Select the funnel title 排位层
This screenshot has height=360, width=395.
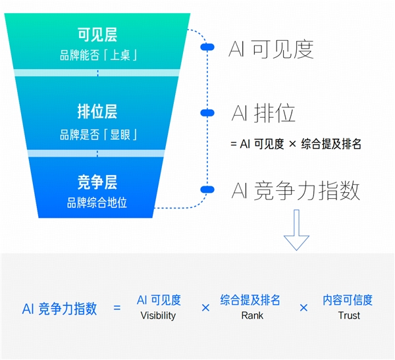(97, 111)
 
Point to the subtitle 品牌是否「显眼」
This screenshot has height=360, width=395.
(97, 135)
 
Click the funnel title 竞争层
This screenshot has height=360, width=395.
(97, 182)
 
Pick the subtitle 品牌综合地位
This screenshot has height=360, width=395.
(97, 203)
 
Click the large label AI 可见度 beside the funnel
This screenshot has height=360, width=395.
(271, 49)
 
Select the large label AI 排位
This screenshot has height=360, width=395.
(263, 113)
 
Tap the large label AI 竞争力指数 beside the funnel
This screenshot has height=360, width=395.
(296, 191)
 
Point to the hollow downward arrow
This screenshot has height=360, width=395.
(296, 230)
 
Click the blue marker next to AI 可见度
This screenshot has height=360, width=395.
(207, 47)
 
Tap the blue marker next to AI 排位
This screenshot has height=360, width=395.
(207, 113)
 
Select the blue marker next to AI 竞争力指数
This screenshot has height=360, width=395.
(207, 190)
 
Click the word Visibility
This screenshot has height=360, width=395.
(159, 315)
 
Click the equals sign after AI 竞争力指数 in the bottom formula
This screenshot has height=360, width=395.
(117, 307)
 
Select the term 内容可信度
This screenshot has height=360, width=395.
(348, 300)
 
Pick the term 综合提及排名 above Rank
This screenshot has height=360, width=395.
(250, 300)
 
